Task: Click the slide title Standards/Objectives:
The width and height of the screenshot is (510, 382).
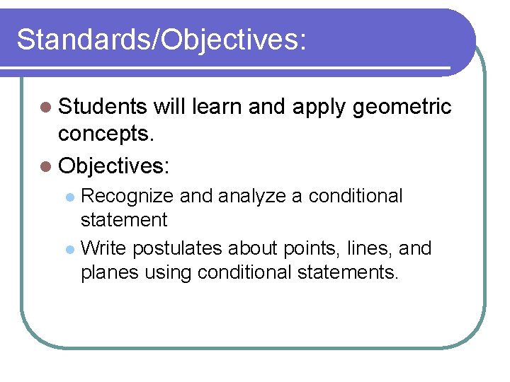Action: tap(161, 40)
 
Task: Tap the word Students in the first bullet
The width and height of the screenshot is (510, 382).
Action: tap(103, 107)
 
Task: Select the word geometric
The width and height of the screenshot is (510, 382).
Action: tap(402, 107)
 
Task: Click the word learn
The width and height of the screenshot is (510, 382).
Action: tap(217, 107)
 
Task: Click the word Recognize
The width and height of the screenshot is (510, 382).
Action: tap(127, 196)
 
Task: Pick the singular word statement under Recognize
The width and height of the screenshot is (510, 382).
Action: tap(124, 220)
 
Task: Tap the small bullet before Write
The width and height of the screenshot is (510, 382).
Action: tap(69, 250)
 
